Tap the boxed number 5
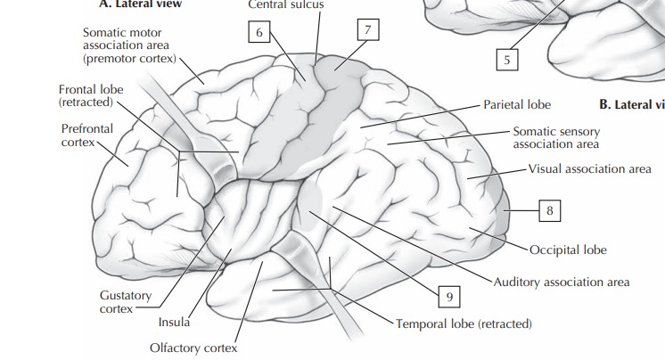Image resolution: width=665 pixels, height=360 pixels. (506, 61)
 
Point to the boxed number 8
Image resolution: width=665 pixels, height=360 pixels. (551, 211)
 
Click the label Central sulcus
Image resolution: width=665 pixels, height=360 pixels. (286, 4)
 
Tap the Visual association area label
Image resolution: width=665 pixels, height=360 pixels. (589, 168)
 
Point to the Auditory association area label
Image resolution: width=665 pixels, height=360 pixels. (562, 282)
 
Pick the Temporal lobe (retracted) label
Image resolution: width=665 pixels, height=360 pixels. (464, 323)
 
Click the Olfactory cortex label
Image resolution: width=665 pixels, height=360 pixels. (194, 348)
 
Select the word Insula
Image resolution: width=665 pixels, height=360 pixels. (174, 322)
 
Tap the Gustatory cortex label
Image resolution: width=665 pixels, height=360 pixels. (125, 301)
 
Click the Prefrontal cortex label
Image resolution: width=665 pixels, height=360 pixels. (87, 135)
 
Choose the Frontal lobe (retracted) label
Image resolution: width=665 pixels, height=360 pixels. (91, 96)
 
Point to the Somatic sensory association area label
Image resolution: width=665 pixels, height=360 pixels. (556, 137)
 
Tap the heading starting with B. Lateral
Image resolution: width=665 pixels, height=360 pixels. (631, 104)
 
